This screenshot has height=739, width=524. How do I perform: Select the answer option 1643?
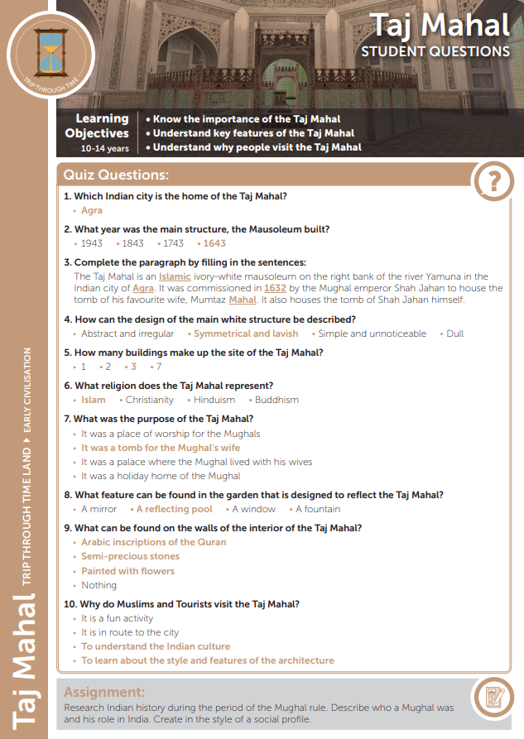pos(214,243)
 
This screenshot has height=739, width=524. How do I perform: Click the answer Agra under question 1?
pos(91,211)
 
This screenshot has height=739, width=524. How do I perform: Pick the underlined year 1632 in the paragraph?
pos(275,288)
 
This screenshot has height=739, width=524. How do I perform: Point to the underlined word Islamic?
pos(175,276)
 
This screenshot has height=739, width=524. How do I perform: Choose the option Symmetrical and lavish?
pos(245,334)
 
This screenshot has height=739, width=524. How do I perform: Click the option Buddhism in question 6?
pos(276,400)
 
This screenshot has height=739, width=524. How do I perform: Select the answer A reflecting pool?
pos(174,509)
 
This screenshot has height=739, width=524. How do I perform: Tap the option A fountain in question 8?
pos(318,509)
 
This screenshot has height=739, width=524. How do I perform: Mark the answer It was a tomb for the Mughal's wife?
pos(161,448)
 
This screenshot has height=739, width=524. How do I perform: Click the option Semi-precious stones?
pos(130,556)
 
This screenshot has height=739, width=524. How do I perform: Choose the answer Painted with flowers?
pos(127,571)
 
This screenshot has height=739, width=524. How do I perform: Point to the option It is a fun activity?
pos(117,618)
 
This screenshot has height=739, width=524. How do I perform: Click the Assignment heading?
pos(104,692)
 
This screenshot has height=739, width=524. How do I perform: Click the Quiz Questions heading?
pos(116,175)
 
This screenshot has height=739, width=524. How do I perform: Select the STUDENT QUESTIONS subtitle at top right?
pos(435,51)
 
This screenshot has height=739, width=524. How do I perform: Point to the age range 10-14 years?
pos(105,149)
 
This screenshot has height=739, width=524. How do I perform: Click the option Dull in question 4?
pos(454,334)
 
